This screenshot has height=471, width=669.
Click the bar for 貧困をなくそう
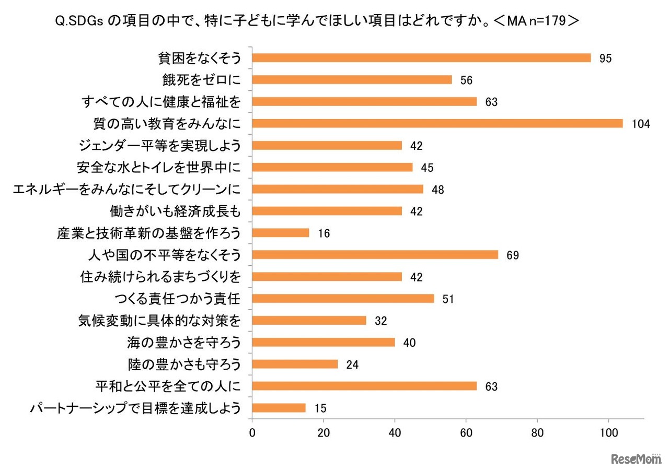click(x=421, y=58)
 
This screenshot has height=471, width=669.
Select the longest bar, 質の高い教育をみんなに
click(x=437, y=123)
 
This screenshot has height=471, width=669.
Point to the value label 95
click(x=605, y=58)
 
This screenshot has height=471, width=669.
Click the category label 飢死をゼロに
click(x=202, y=80)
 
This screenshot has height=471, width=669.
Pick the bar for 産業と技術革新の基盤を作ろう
click(x=281, y=233)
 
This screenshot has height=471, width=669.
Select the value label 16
click(x=324, y=233)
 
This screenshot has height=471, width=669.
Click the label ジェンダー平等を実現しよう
click(x=159, y=146)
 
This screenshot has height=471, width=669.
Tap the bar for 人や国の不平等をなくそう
click(x=375, y=255)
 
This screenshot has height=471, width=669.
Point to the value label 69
click(x=512, y=255)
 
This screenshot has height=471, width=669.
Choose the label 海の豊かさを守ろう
click(x=184, y=343)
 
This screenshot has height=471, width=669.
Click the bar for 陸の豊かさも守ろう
click(x=295, y=364)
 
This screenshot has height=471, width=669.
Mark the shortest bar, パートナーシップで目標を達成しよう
click(x=279, y=408)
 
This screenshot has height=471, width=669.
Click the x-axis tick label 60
click(x=466, y=432)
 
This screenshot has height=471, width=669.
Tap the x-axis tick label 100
click(x=608, y=432)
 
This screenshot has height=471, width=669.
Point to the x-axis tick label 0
click(x=252, y=432)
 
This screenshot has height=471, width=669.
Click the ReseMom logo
click(x=637, y=459)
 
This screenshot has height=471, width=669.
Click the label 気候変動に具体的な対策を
click(x=159, y=321)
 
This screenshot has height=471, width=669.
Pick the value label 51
click(x=448, y=299)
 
